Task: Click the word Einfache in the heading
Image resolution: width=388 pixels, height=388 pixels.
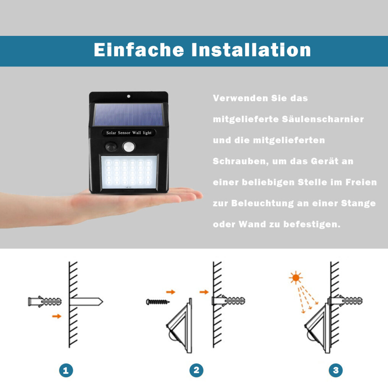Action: pyautogui.click(x=139, y=50)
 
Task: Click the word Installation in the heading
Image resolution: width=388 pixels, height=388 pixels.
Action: pyautogui.click(x=251, y=50)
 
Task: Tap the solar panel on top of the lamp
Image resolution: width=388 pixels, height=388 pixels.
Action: pyautogui.click(x=128, y=115)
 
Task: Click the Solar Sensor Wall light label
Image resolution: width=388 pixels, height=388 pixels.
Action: pyautogui.click(x=129, y=133)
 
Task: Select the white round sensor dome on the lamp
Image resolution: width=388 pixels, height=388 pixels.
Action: pyautogui.click(x=129, y=147)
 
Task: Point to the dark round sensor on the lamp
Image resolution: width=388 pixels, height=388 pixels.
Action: pyautogui.click(x=111, y=147)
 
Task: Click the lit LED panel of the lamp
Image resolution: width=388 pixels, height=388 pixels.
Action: pyautogui.click(x=129, y=172)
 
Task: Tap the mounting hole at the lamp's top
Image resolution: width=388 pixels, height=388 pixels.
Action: pyautogui.click(x=128, y=96)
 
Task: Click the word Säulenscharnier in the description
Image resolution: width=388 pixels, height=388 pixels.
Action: pyautogui.click(x=323, y=119)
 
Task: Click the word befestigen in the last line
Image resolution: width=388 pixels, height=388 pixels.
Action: pyautogui.click(x=312, y=224)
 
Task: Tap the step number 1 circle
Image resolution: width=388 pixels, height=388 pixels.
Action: pyautogui.click(x=66, y=370)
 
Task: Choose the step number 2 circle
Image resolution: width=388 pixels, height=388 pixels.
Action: pyautogui.click(x=196, y=370)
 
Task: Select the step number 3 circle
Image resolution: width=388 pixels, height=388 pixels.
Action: pyautogui.click(x=336, y=370)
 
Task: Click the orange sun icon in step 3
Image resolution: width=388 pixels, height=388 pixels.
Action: pyautogui.click(x=296, y=278)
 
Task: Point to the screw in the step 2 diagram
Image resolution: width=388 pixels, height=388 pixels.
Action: pyautogui.click(x=158, y=302)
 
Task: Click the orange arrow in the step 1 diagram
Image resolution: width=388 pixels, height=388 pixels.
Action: pyautogui.click(x=57, y=316)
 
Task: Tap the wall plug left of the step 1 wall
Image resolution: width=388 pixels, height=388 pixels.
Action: pyautogui.click(x=45, y=302)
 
